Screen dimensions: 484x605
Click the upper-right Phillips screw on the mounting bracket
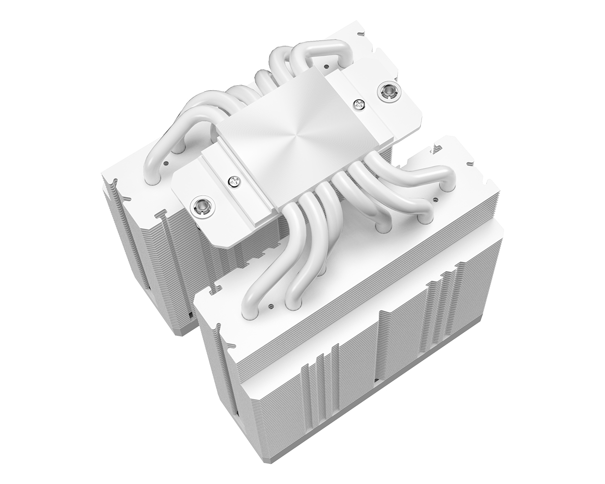(360, 104)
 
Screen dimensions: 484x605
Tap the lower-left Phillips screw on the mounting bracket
(233, 181)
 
